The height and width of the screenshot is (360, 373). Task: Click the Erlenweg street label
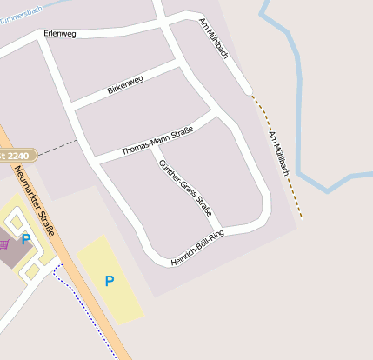coord(60,34)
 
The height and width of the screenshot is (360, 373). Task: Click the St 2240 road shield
coord(15,155)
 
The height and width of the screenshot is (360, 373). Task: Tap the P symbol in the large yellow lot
coord(109,280)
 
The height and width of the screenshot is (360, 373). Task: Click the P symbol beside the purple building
coord(26,238)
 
